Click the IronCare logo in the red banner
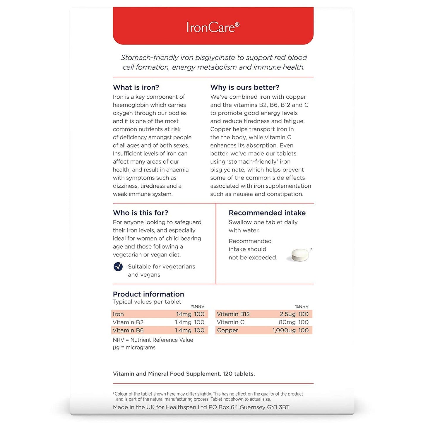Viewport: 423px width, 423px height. click(x=213, y=27)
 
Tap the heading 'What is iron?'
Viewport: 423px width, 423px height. click(x=136, y=87)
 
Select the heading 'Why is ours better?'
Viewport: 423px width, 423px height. click(x=245, y=87)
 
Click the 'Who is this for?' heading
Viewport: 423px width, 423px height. click(x=141, y=213)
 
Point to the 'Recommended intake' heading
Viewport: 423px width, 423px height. click(x=267, y=213)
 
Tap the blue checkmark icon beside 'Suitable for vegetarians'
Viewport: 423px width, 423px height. click(x=118, y=267)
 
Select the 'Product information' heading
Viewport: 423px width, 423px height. click(x=148, y=294)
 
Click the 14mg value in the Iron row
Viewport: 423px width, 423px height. click(x=184, y=314)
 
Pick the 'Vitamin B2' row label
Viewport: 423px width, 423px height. click(x=128, y=322)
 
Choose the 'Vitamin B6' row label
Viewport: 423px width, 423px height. click(x=128, y=330)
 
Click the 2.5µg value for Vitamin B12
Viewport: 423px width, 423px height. click(x=288, y=314)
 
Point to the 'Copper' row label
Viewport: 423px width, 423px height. click(x=227, y=330)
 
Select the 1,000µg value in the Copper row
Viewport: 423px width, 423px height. click(x=284, y=330)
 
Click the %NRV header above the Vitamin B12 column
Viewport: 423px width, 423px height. click(x=302, y=306)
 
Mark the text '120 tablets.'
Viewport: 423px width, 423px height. click(x=239, y=374)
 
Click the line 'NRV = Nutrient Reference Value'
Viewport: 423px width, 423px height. click(x=153, y=340)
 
